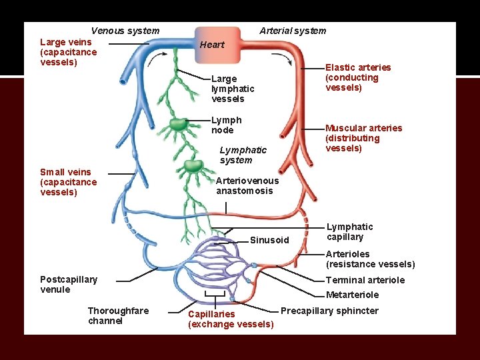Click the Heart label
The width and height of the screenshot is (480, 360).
point(212,45)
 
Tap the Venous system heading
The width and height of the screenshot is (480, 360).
point(125,31)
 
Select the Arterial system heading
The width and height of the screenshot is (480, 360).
point(293,31)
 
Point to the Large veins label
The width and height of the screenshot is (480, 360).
point(68,52)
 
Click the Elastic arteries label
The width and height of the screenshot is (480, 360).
point(357,77)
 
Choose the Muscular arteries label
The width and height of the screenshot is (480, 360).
point(363,138)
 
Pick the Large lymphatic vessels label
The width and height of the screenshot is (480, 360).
point(232,89)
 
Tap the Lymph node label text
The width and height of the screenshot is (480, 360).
point(226,125)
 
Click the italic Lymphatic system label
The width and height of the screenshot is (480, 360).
point(243,155)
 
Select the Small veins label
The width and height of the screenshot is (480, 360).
point(68,182)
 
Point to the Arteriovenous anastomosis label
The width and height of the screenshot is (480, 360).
point(247,185)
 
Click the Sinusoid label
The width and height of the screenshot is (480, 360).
point(269,240)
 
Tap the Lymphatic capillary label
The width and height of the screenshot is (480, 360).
point(349,232)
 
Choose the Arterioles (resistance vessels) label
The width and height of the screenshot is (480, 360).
point(369,259)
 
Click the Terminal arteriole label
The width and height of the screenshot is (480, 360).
point(365,280)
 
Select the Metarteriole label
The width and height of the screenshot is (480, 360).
point(352,295)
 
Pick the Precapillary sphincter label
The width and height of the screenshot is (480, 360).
point(329,311)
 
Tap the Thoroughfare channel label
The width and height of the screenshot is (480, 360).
point(118,316)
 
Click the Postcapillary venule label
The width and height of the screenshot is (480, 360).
point(68,284)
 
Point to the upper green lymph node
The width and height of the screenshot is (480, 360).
point(178,124)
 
